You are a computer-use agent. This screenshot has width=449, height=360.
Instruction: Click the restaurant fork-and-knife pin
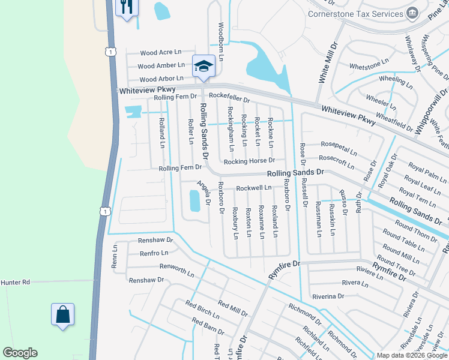pyautogui.click(x=127, y=7)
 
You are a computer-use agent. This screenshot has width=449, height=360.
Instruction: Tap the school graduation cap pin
pyautogui.click(x=203, y=65)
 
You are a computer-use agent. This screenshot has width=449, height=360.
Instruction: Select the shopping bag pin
pyautogui.click(x=63, y=314)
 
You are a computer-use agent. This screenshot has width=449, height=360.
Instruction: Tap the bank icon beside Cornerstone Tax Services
pyautogui.click(x=412, y=13)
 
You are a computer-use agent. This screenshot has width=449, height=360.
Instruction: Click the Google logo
pyautogui.click(x=20, y=353)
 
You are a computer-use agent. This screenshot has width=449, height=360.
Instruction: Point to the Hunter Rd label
pyautogui.click(x=15, y=282)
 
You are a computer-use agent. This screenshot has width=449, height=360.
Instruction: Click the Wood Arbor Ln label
pyautogui.click(x=161, y=79)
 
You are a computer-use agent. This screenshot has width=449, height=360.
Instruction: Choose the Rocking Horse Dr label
pyautogui.click(x=249, y=161)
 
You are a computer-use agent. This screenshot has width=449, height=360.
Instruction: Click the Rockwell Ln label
pyautogui.click(x=254, y=188)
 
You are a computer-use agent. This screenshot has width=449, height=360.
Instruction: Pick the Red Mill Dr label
pyautogui.click(x=233, y=309)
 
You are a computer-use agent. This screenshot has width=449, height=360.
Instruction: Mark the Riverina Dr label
pyautogui.click(x=328, y=296)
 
